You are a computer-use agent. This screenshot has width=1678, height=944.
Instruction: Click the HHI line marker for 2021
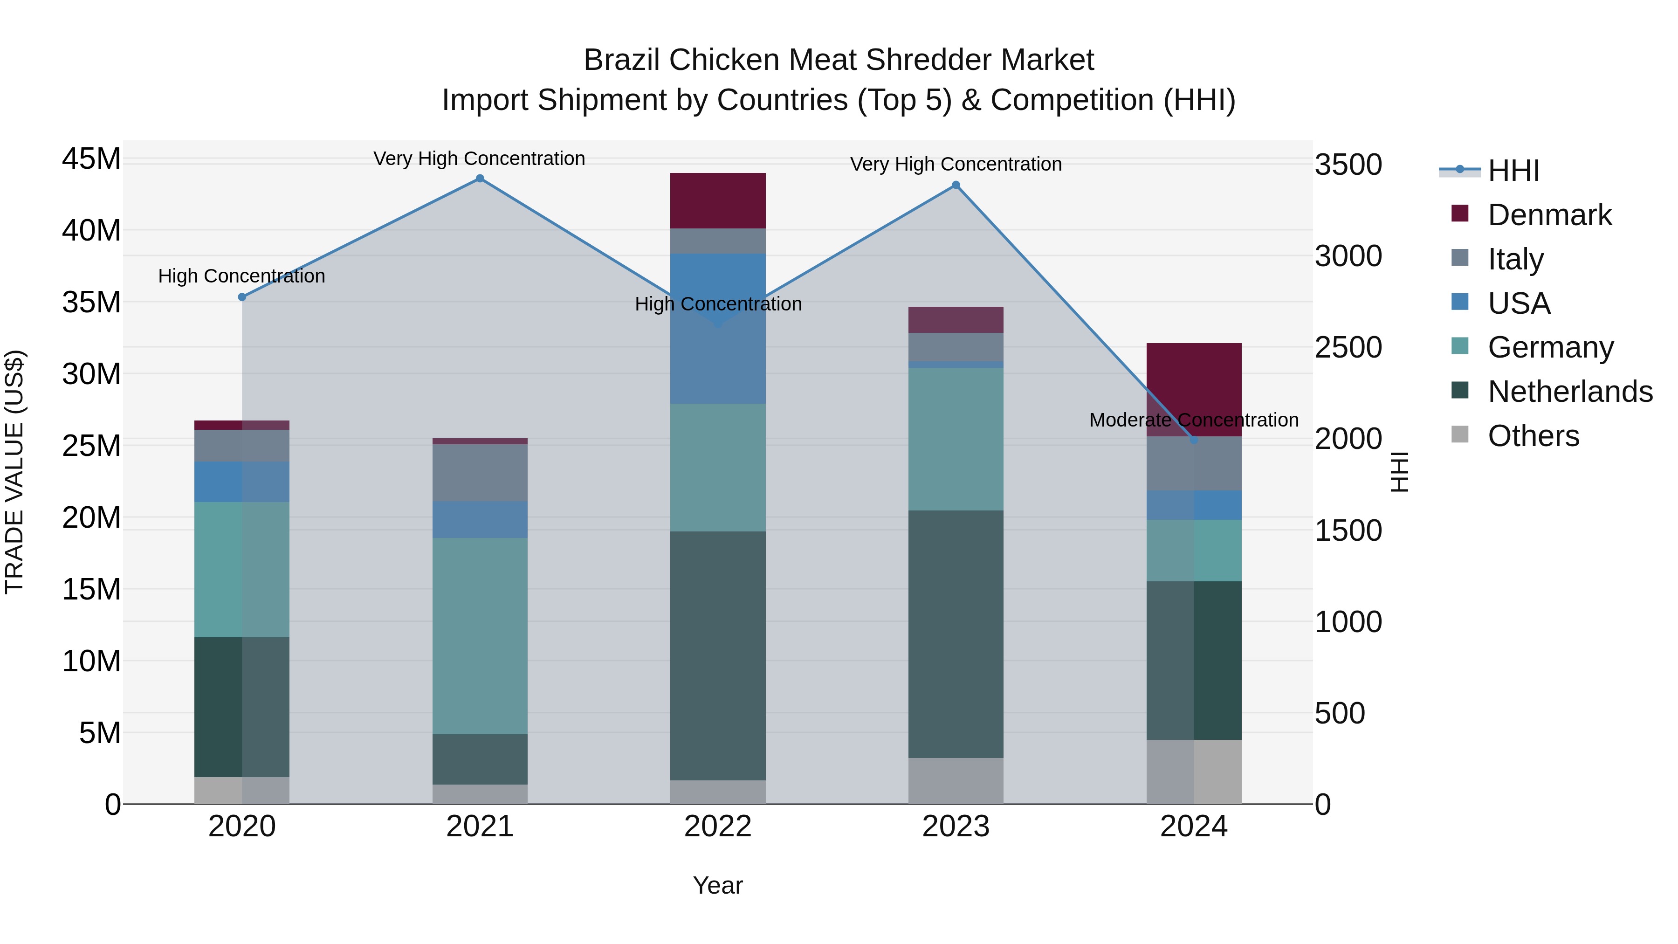click(x=480, y=179)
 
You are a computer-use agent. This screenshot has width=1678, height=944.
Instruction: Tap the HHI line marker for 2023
click(x=956, y=185)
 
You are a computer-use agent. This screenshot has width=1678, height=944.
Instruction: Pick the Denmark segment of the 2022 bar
click(x=718, y=200)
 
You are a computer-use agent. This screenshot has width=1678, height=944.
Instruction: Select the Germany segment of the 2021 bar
click(x=480, y=636)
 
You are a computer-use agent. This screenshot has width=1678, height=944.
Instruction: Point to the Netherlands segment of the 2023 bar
click(x=956, y=634)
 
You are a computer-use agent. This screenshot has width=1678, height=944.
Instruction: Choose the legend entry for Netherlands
click(x=1570, y=392)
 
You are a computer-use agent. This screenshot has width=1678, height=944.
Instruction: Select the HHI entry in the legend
click(x=1513, y=171)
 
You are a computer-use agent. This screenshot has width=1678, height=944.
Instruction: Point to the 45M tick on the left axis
click(x=91, y=159)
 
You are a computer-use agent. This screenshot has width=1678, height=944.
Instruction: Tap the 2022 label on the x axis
click(x=718, y=827)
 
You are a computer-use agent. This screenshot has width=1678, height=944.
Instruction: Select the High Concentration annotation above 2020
click(x=241, y=276)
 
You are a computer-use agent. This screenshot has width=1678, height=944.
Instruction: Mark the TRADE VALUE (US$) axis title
click(x=14, y=472)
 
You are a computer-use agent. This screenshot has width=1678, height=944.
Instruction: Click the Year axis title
click(x=718, y=885)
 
